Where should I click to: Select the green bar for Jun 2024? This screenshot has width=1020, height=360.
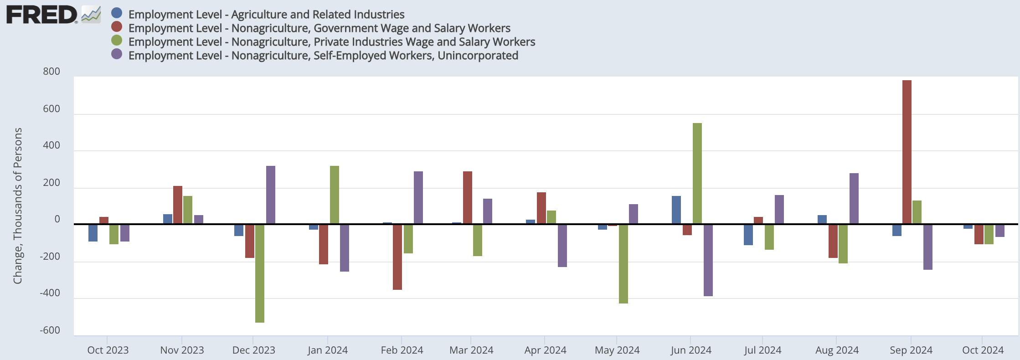[x=697, y=173]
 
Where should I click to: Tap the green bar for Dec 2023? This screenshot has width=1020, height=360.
[x=260, y=273]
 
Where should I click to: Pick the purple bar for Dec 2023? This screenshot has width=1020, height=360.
[x=271, y=195]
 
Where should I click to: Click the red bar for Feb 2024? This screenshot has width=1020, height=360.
[x=397, y=257]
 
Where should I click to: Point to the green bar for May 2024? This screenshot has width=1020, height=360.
[x=623, y=263]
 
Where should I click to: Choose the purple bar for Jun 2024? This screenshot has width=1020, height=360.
[x=708, y=260]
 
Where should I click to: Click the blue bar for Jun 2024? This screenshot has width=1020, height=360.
[x=676, y=210]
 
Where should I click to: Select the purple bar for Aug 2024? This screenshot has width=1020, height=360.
[x=854, y=198]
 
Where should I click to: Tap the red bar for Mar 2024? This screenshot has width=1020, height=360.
[x=468, y=197]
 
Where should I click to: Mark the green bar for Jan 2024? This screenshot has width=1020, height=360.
[x=335, y=195]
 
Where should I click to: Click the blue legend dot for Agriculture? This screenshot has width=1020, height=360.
[x=117, y=14]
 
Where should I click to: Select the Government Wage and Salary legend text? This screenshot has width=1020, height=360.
[x=319, y=28]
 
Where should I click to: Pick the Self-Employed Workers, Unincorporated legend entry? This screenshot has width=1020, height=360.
[x=323, y=56]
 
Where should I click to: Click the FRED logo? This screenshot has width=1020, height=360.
[x=42, y=15]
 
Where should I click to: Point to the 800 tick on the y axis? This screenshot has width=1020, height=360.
[x=52, y=72]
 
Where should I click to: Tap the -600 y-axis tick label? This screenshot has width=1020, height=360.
[x=50, y=330]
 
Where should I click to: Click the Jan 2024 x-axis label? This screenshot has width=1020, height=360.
[x=327, y=350]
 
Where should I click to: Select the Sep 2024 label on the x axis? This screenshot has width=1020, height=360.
[x=911, y=350]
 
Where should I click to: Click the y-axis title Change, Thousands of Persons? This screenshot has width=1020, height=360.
[x=18, y=206]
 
